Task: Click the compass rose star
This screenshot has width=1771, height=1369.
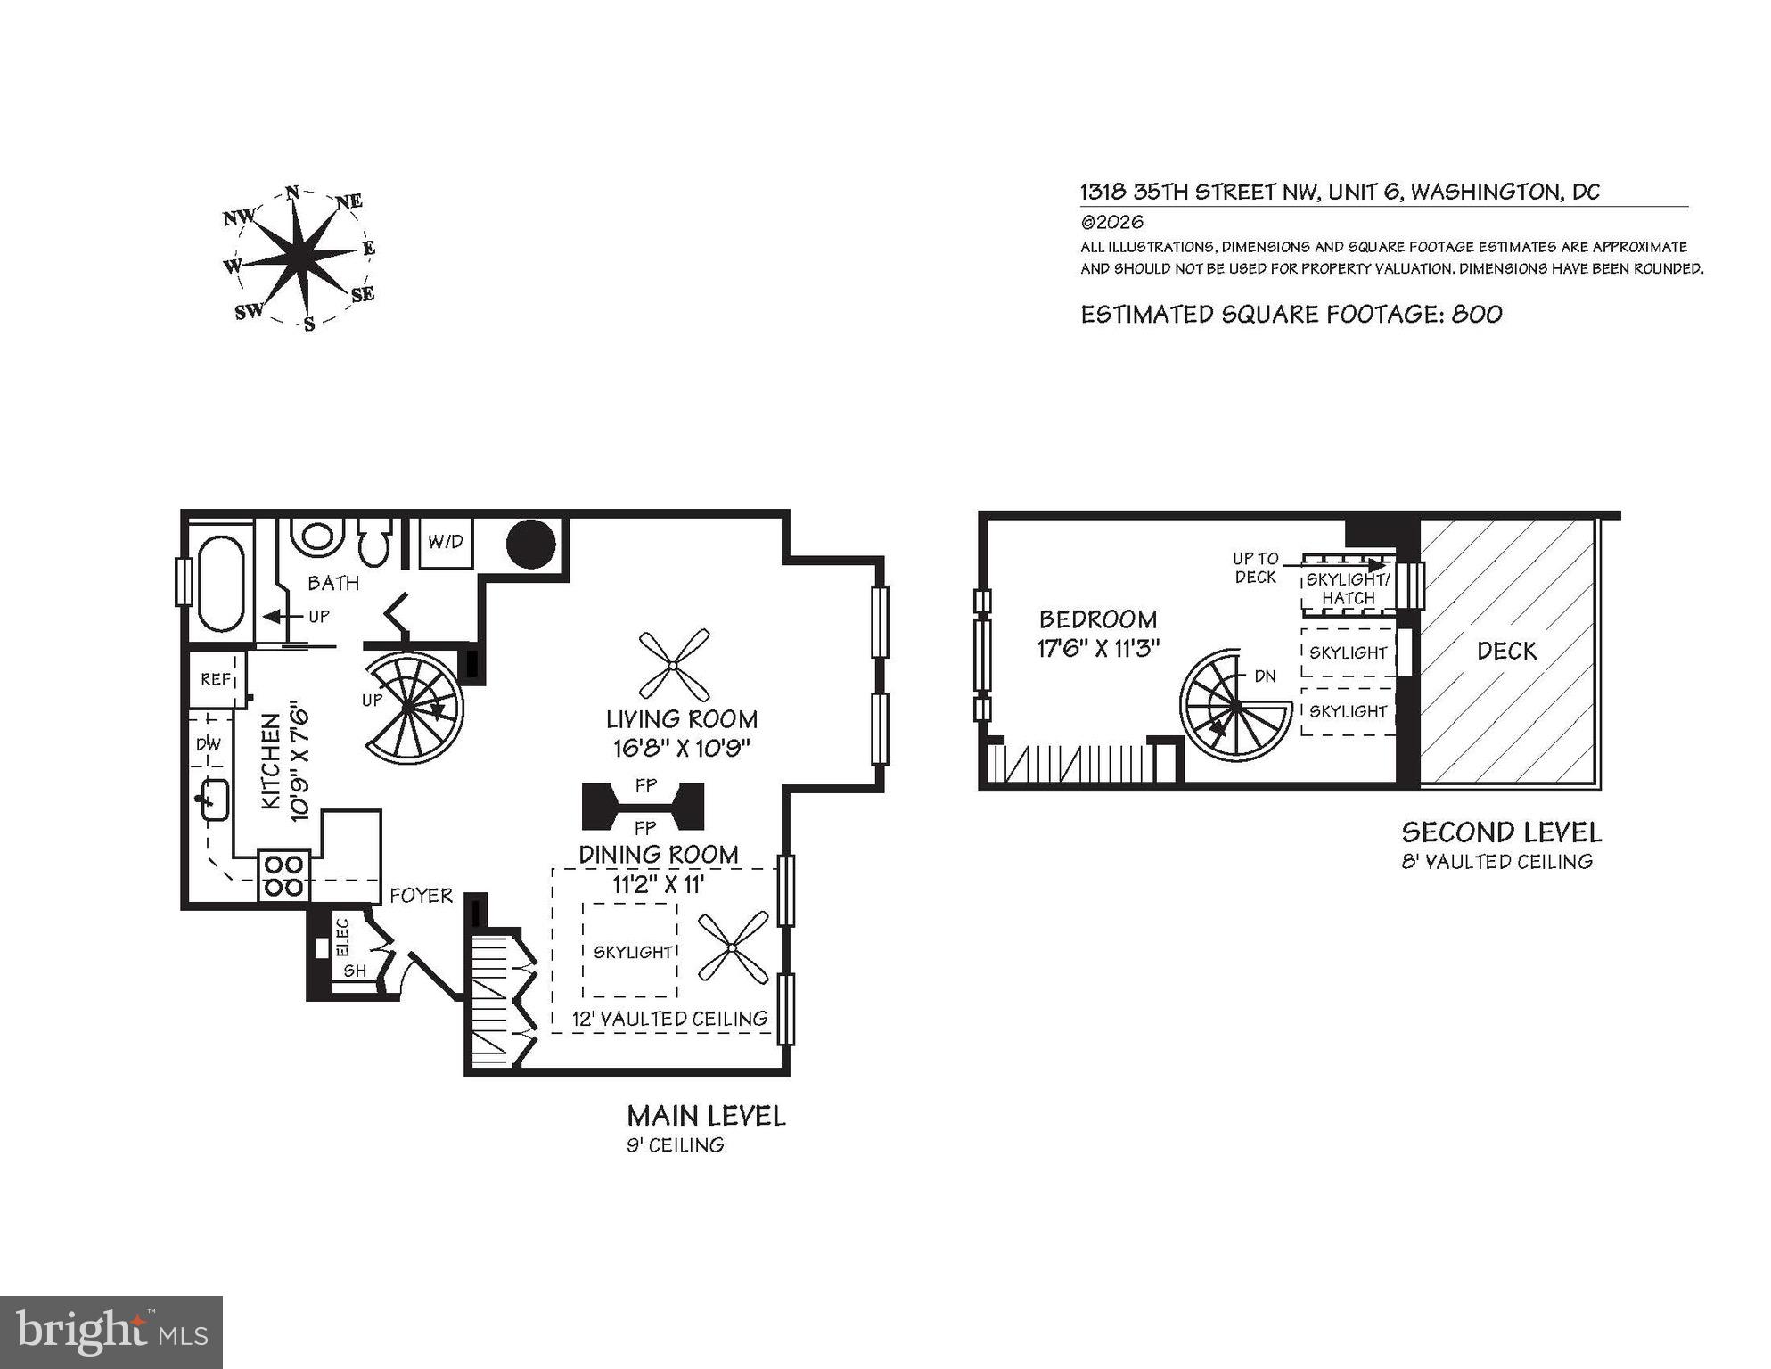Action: pyautogui.click(x=301, y=258)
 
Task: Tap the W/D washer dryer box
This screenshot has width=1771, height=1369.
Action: pyautogui.click(x=446, y=542)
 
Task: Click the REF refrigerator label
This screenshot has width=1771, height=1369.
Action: pyautogui.click(x=216, y=680)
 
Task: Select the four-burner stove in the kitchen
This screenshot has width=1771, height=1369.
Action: pyautogui.click(x=284, y=875)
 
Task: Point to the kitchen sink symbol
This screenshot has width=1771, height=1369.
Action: pyautogui.click(x=213, y=799)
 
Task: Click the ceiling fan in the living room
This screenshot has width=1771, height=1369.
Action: pyautogui.click(x=675, y=665)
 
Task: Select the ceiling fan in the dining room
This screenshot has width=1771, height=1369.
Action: pyautogui.click(x=733, y=947)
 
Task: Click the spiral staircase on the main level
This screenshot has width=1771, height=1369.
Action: pyautogui.click(x=412, y=707)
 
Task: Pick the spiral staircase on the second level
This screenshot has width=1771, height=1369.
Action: pyautogui.click(x=1235, y=705)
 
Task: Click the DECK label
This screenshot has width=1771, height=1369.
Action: pyautogui.click(x=1506, y=652)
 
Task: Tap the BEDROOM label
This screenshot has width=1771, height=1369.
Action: pyautogui.click(x=1098, y=619)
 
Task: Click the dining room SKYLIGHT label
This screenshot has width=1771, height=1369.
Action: pyautogui.click(x=633, y=952)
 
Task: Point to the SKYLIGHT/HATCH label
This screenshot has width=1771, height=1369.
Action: pyautogui.click(x=1348, y=589)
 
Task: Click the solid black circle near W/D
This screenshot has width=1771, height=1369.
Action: pyautogui.click(x=531, y=544)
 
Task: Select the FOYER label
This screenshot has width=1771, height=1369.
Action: pyautogui.click(x=421, y=896)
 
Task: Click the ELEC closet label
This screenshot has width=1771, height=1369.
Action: pyautogui.click(x=344, y=937)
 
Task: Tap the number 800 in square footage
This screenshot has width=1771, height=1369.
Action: pyautogui.click(x=1477, y=315)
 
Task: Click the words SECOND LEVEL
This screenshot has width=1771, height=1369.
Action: pyautogui.click(x=1501, y=832)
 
